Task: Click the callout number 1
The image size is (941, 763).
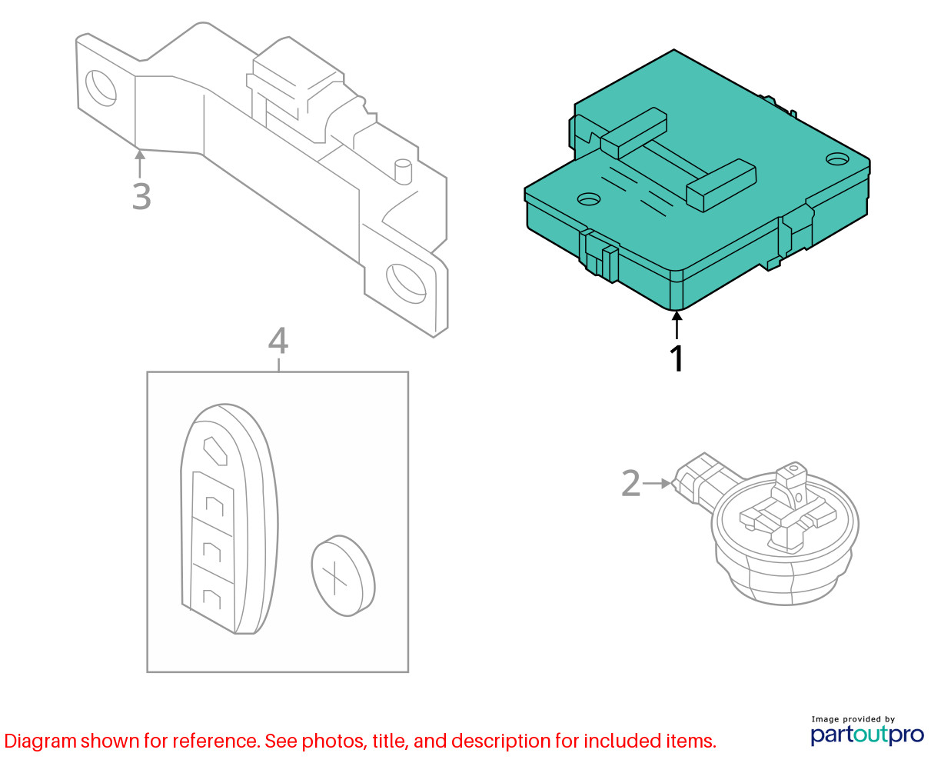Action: coord(677,358)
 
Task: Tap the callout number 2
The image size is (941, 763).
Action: coord(630,484)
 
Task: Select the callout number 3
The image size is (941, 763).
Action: coord(141,196)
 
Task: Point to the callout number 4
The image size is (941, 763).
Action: coord(278,341)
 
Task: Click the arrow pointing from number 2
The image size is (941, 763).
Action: coord(657,483)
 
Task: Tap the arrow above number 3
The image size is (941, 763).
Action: coord(140,164)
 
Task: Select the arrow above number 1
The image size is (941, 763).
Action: coord(677,325)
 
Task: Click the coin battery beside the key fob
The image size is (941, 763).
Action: coord(343,575)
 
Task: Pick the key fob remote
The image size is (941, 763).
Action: coord(229,518)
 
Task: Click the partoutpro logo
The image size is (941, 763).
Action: coord(867,735)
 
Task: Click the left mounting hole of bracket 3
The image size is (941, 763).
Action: coord(101,88)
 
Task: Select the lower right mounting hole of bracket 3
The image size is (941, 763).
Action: coord(407,283)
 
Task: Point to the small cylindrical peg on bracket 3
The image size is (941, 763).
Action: coord(403,172)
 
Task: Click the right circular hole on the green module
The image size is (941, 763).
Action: coord(837,158)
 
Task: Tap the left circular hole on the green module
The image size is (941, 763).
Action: coord(589,199)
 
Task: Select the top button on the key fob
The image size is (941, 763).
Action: coord(214,451)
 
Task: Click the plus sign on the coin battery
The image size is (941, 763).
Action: coord(334,578)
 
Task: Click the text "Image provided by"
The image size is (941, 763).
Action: coord(853,719)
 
